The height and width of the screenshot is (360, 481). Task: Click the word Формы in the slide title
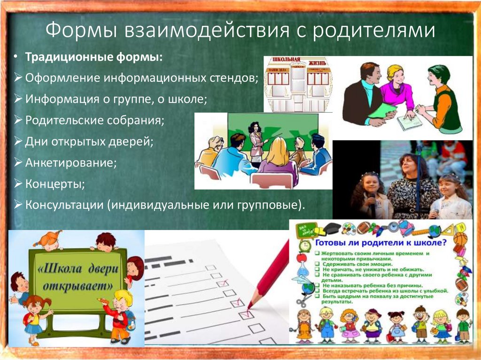pos(80,31)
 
